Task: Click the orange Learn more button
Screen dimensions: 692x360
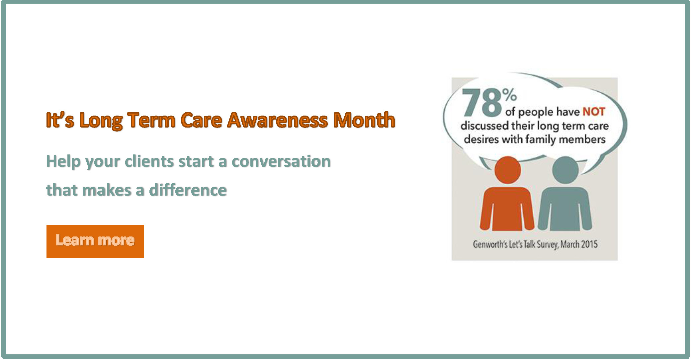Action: [95, 241]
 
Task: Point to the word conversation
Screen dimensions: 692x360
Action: [281, 161]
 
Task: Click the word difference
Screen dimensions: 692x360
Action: [188, 190]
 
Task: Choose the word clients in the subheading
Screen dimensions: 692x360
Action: [149, 161]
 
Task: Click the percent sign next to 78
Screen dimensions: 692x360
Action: [509, 95]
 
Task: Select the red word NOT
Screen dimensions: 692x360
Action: [594, 112]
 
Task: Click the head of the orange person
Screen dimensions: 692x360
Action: [507, 170]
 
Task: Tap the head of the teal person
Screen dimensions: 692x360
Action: [565, 170]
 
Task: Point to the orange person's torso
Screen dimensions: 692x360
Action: [507, 209]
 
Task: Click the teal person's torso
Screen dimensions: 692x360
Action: [565, 209]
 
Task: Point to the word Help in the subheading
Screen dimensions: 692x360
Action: [63, 162]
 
